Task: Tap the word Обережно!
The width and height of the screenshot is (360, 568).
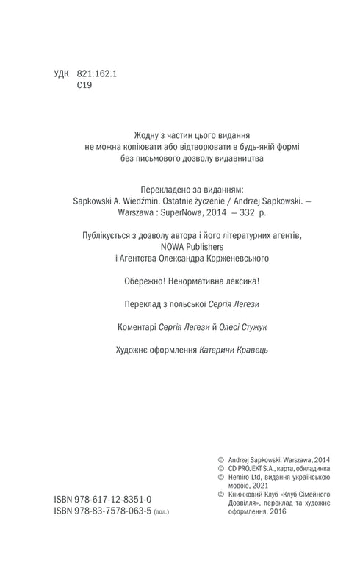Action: [x=149, y=280]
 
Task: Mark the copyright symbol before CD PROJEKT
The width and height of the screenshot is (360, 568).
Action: [x=213, y=467]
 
